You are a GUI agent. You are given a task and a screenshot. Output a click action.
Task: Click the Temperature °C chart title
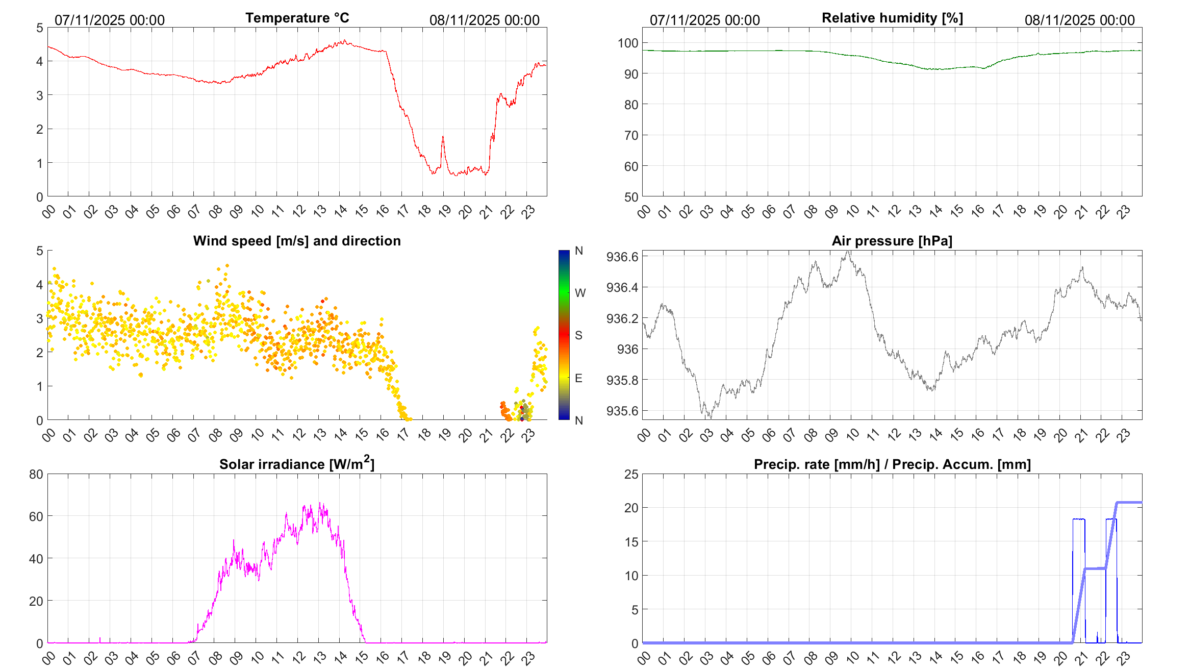click(297, 18)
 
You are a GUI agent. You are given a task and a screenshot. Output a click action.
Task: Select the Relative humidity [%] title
click(892, 18)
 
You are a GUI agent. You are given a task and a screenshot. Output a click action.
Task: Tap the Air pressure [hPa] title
click(892, 241)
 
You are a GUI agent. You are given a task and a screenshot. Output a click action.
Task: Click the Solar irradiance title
click(297, 464)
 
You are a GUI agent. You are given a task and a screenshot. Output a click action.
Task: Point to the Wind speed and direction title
click(297, 241)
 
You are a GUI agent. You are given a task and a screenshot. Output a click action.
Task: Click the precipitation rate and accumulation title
click(892, 464)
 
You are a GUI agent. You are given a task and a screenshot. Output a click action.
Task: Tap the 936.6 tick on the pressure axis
click(622, 257)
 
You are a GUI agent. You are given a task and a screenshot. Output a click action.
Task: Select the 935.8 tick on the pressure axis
click(622, 380)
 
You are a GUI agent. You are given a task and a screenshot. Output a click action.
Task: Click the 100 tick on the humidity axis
click(627, 43)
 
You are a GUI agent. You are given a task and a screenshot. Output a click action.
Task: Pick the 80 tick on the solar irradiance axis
click(36, 475)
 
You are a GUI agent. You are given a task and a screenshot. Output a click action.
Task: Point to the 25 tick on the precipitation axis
click(631, 475)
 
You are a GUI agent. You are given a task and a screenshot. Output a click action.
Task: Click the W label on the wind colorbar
click(580, 293)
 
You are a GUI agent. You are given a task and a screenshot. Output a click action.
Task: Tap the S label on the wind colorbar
click(578, 335)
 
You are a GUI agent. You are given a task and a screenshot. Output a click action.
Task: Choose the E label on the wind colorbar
click(578, 378)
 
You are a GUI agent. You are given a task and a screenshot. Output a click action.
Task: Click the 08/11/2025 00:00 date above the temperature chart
click(484, 20)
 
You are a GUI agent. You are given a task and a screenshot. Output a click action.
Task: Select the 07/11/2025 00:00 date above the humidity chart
click(704, 20)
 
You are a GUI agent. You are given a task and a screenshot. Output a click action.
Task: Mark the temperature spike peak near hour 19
click(443, 136)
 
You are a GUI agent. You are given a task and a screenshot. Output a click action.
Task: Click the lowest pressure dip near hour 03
click(711, 418)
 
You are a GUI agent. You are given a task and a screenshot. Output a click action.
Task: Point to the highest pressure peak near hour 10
click(848, 251)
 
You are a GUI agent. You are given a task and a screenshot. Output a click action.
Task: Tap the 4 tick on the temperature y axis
click(39, 62)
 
